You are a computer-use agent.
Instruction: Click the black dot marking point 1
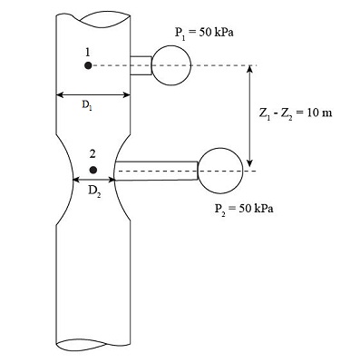tap(88, 65)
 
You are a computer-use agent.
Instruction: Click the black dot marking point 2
tap(93, 170)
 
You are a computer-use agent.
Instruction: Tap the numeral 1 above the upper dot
tap(88, 53)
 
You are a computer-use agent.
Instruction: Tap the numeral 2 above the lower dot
tap(92, 154)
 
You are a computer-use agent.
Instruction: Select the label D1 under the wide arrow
tap(87, 105)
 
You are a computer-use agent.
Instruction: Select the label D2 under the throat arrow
tap(94, 191)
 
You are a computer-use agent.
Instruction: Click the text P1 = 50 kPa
tap(204, 33)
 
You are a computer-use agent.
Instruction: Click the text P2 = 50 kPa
tap(244, 209)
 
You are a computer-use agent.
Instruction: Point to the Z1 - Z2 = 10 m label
tap(296, 113)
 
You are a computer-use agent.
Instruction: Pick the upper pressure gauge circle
tap(171, 45)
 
